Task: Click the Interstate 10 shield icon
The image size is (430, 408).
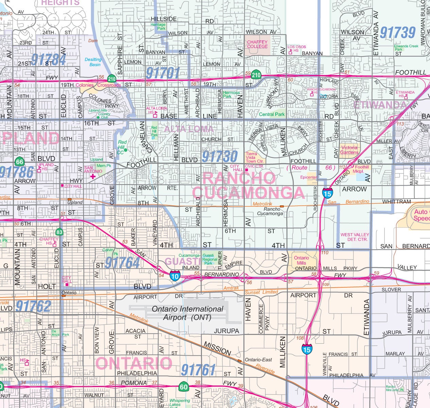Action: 175,276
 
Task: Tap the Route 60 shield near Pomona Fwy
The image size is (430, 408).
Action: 184,387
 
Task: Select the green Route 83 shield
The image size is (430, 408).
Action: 59,232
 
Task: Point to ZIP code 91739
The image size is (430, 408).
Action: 398,33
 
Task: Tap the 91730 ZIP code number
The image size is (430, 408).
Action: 220,156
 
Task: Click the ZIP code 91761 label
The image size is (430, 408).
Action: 198,370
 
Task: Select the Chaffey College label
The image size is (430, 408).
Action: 257,44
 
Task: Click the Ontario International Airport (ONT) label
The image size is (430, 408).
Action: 187,313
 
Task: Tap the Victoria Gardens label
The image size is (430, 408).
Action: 349,150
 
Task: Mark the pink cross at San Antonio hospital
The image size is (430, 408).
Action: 92,176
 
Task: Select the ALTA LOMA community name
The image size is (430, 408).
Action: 189,129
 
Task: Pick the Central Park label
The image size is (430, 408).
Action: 272,114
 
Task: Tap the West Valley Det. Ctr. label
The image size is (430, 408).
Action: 355,237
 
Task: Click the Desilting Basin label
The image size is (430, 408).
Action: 93,62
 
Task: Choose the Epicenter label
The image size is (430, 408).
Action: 309,177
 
